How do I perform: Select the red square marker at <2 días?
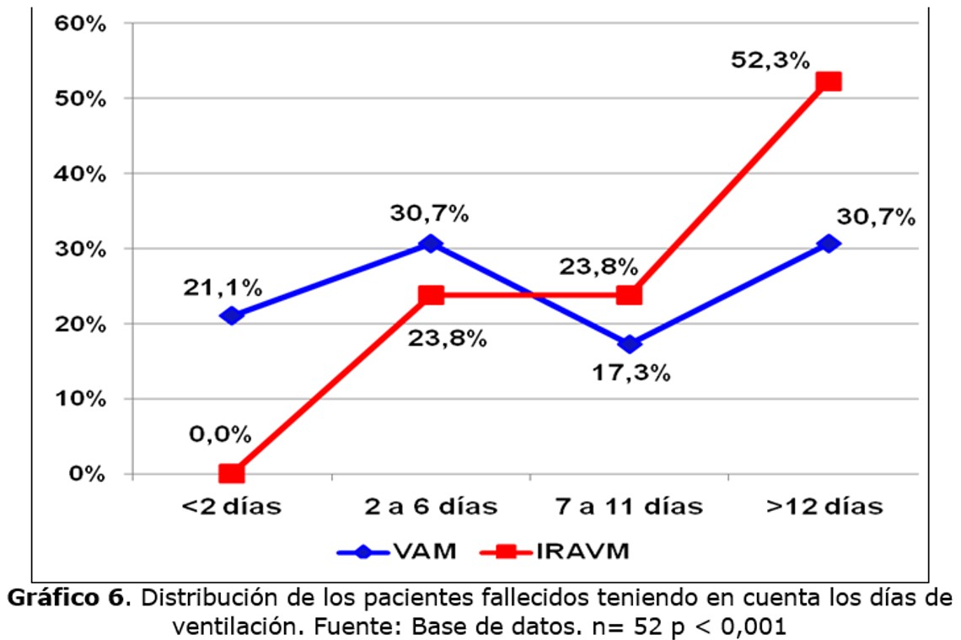[x=231, y=473]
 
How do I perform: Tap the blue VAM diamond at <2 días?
[x=231, y=315]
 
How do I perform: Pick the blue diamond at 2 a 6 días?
[x=430, y=244]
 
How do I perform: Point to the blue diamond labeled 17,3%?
[x=629, y=343]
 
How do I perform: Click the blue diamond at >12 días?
[x=829, y=244]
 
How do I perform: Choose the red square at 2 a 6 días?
[x=430, y=295]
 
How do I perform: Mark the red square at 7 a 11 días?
[x=629, y=295]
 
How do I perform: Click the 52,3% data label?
[x=770, y=61]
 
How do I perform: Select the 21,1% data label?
[x=223, y=288]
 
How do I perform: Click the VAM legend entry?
[x=396, y=552]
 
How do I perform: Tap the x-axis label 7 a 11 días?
[x=629, y=507]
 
